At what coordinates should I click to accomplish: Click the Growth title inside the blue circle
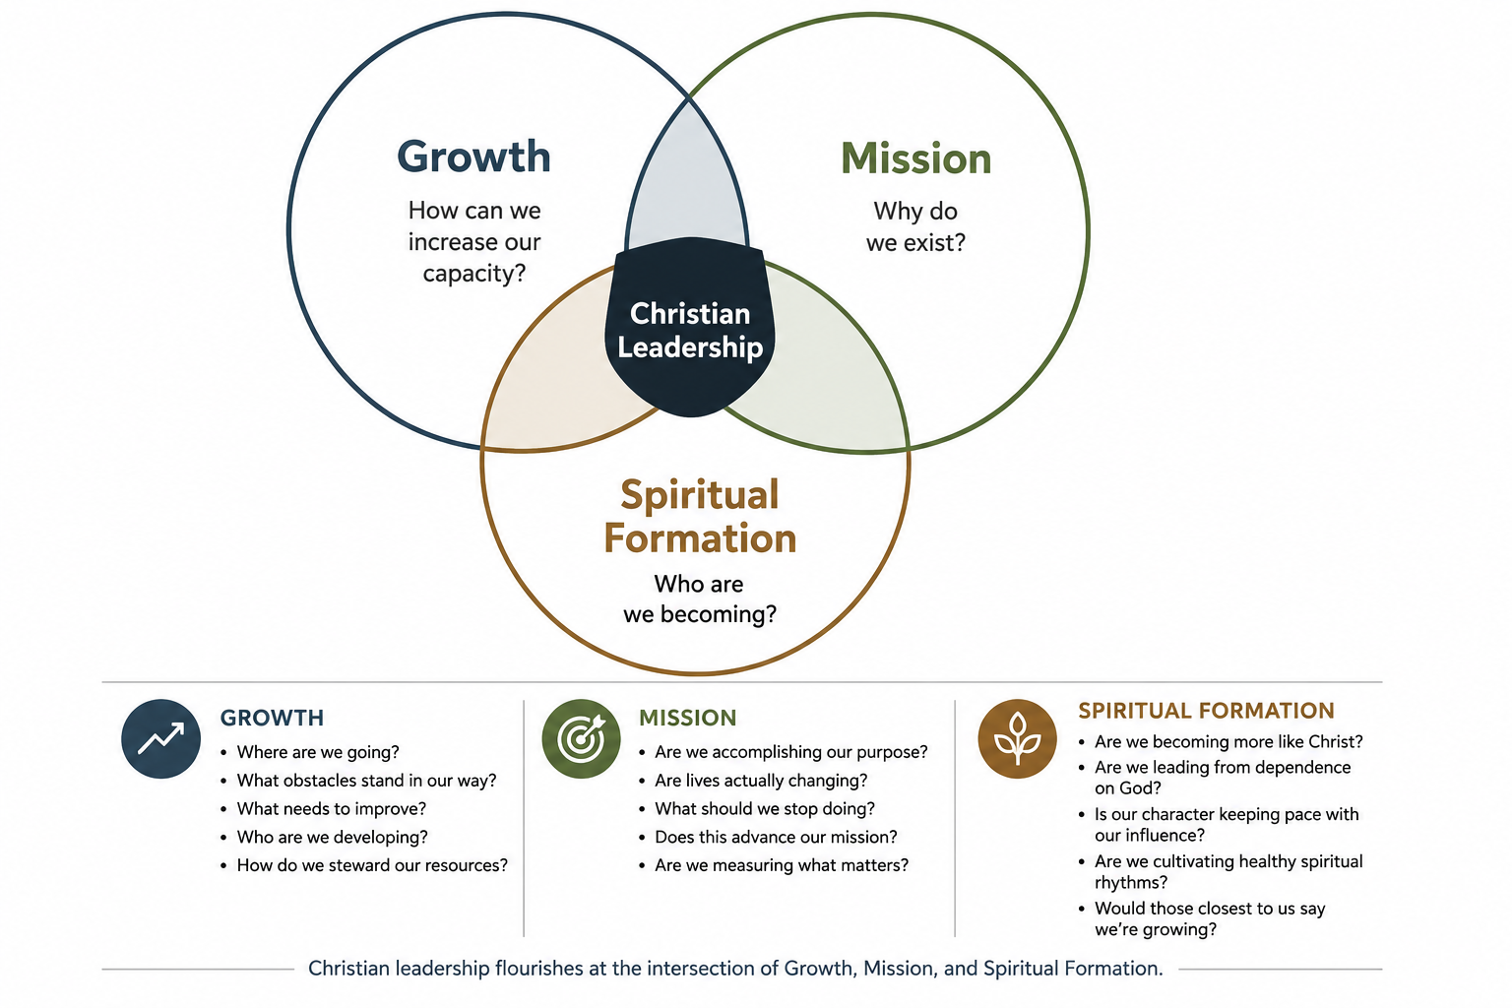(x=473, y=157)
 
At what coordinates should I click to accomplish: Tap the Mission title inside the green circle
(x=916, y=159)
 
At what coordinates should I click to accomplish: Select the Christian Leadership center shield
(x=689, y=327)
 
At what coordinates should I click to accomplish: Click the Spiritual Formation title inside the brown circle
(x=700, y=517)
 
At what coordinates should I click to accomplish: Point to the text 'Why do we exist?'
(x=916, y=226)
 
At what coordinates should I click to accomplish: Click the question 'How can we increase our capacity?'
(x=473, y=242)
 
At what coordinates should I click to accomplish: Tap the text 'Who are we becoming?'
(x=700, y=598)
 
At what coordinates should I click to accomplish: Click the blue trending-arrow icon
(x=160, y=738)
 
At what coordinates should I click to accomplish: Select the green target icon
(x=581, y=738)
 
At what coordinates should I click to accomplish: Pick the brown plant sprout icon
(x=1017, y=738)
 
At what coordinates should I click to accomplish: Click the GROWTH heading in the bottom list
(x=272, y=718)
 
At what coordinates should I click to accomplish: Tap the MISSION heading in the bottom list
(x=688, y=718)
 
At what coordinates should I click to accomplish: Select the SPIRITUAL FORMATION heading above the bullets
(x=1206, y=711)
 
